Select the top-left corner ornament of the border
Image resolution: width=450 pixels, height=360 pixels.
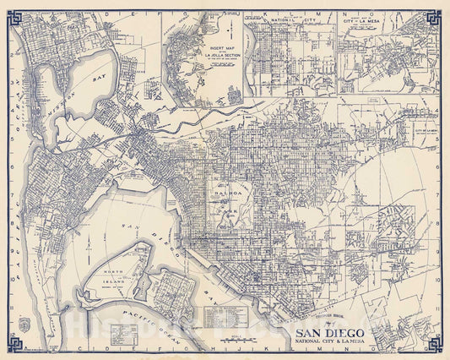tap(12, 15)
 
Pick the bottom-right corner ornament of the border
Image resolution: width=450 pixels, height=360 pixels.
tap(436, 344)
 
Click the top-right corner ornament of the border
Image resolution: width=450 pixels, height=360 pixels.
tap(436, 15)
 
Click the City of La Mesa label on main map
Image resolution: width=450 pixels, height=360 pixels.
tap(425, 131)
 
